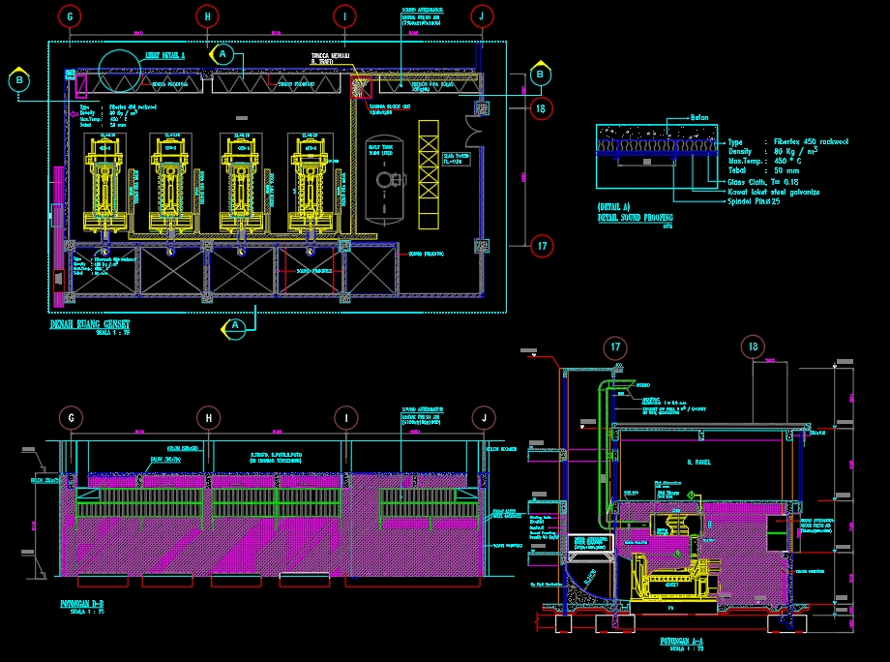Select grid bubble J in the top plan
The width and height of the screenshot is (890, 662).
click(482, 16)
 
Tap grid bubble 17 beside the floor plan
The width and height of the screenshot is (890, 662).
click(542, 246)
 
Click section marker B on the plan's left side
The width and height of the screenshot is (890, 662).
click(19, 80)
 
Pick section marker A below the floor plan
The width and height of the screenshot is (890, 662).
click(234, 327)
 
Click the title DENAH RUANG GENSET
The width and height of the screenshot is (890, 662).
click(90, 324)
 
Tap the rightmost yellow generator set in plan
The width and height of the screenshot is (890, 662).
click(312, 184)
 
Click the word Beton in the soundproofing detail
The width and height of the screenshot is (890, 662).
click(698, 118)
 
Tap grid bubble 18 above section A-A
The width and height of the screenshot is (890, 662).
click(754, 348)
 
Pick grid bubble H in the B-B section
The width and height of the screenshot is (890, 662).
click(207, 417)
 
